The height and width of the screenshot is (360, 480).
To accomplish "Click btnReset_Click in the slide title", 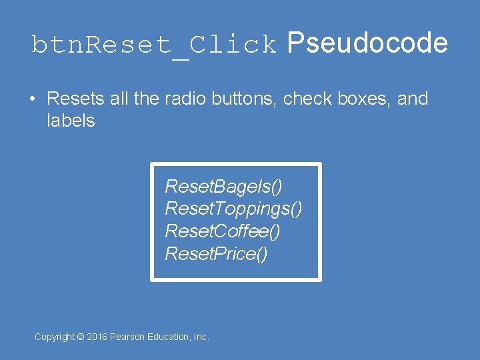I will (x=154, y=45).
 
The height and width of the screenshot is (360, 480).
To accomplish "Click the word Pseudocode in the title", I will (x=367, y=43).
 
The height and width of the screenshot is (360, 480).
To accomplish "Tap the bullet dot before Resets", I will (x=32, y=100).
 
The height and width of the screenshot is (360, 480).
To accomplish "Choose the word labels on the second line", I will (x=71, y=121).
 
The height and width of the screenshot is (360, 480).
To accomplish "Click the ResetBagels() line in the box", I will (x=223, y=186).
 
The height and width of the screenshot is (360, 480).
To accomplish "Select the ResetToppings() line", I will (x=233, y=209).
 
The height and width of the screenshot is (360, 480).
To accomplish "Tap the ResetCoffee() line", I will (x=223, y=231).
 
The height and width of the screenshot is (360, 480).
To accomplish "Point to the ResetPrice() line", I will (x=216, y=254).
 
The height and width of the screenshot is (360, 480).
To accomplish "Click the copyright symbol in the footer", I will (x=81, y=337).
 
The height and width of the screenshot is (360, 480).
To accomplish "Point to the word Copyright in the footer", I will (x=55, y=337).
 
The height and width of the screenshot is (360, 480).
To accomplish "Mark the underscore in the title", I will (x=180, y=53).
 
